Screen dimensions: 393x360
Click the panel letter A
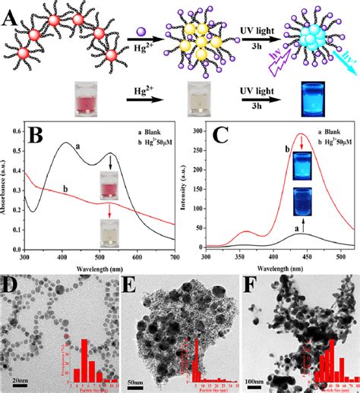tap(11, 11)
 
